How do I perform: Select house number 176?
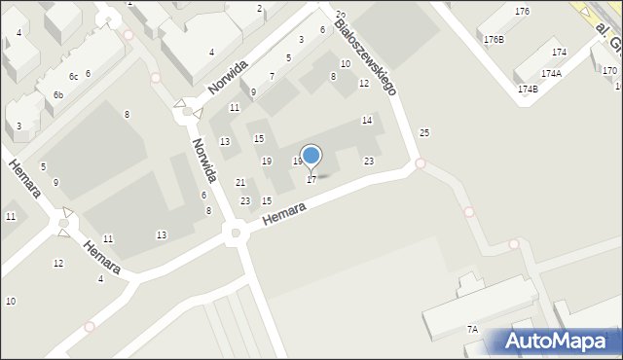523,12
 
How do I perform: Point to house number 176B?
494,40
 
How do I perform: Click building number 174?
559,53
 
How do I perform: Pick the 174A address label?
552,73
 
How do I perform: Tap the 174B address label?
528,89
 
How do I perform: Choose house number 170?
609,71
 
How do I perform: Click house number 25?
423,132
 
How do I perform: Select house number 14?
367,120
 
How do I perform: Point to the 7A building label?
472,330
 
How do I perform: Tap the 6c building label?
73,76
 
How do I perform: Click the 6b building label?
58,94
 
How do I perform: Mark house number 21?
240,183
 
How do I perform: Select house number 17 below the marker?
311,180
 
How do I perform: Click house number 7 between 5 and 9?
272,76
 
